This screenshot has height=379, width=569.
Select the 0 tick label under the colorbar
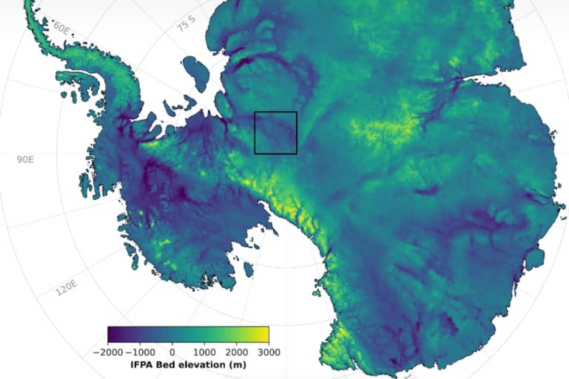(x=172, y=351)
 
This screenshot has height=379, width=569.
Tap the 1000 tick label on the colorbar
(x=204, y=351)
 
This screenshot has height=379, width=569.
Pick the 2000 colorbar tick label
(x=236, y=351)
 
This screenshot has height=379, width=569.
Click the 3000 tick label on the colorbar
(x=268, y=351)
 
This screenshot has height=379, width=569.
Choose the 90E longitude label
(x=25, y=160)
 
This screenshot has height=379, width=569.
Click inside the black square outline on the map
(x=276, y=132)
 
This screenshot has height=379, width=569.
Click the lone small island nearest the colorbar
(x=249, y=270)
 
